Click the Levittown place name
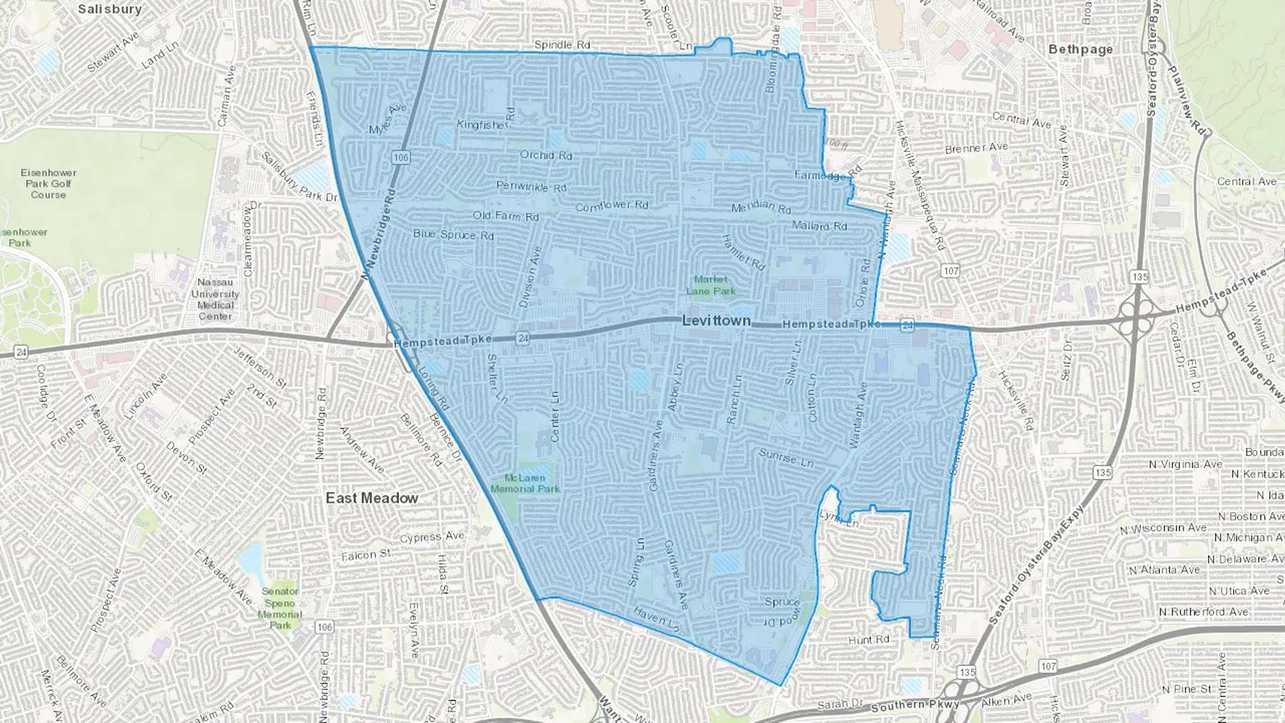tap(716, 320)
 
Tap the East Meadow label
tap(371, 497)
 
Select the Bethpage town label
tap(1080, 49)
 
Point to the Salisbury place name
tap(109, 9)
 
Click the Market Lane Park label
tap(710, 285)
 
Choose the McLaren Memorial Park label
tap(525, 483)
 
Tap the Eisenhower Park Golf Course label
tap(48, 183)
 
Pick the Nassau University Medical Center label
tap(215, 299)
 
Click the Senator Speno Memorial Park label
tap(280, 608)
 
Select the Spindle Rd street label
tap(562, 45)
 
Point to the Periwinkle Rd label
tap(531, 186)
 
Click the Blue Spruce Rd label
tap(453, 234)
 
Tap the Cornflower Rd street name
tap(612, 206)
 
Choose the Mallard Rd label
tap(819, 226)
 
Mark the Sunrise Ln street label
tap(785, 457)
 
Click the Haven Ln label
tap(656, 617)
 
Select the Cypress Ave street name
tap(432, 537)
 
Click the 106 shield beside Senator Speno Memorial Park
tap(324, 627)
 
